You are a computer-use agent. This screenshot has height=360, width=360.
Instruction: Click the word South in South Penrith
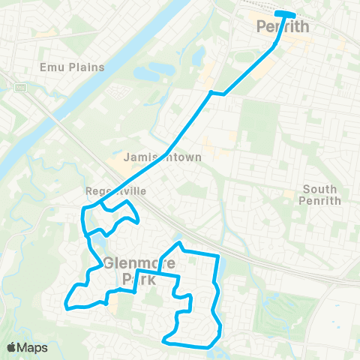pos(321,190)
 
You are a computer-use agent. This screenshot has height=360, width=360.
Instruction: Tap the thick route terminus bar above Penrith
pos(285,13)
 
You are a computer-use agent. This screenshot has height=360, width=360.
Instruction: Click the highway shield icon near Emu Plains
pos(19,88)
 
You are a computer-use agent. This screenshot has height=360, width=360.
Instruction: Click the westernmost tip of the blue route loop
pos(66,304)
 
